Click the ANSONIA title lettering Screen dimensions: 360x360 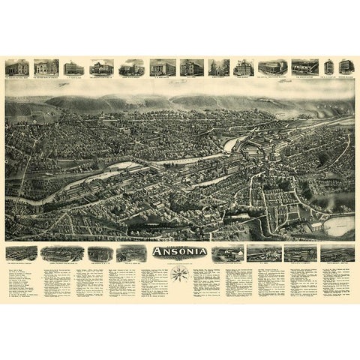(179, 251)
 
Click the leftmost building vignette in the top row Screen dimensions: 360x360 (16, 67)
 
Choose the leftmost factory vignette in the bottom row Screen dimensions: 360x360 (20, 253)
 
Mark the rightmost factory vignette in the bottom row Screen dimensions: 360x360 (337, 253)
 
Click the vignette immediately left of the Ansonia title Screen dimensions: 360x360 (132, 253)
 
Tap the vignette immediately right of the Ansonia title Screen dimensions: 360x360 (227, 253)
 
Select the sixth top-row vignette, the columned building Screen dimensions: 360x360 (162, 67)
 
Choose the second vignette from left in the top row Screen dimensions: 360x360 (46, 67)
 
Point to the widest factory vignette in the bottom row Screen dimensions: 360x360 (62, 253)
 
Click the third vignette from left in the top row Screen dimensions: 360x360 (74, 67)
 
